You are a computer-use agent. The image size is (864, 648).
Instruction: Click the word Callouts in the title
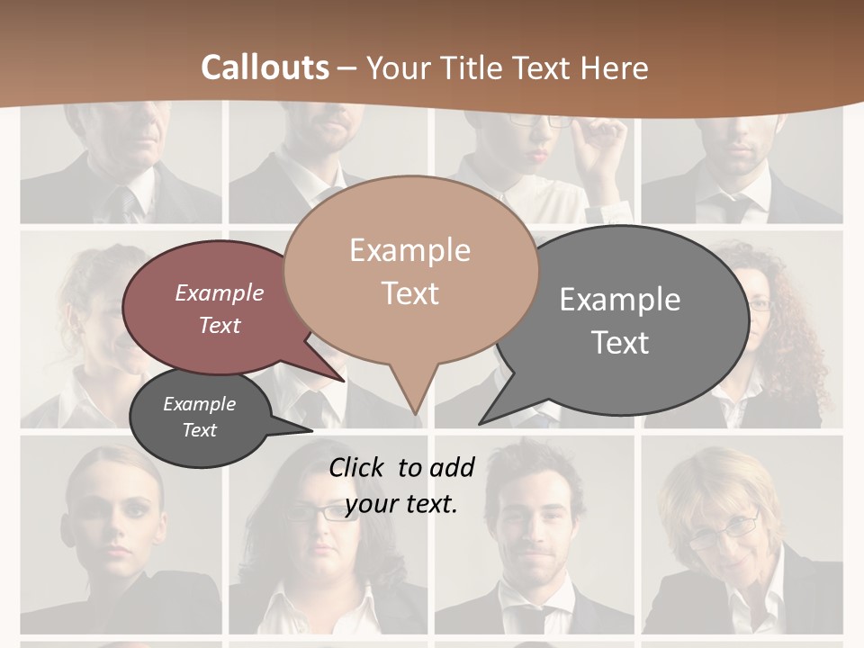pyautogui.click(x=265, y=67)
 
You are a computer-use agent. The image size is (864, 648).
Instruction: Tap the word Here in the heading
pyautogui.click(x=615, y=67)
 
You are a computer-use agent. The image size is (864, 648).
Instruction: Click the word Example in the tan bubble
pyautogui.click(x=409, y=250)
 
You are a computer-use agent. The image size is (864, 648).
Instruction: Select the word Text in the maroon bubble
pyautogui.click(x=220, y=325)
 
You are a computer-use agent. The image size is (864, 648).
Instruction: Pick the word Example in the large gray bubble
pyautogui.click(x=619, y=299)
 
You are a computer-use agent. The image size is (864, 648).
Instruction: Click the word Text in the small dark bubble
pyautogui.click(x=199, y=430)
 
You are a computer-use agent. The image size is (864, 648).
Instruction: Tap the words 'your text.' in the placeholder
pyautogui.click(x=401, y=504)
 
